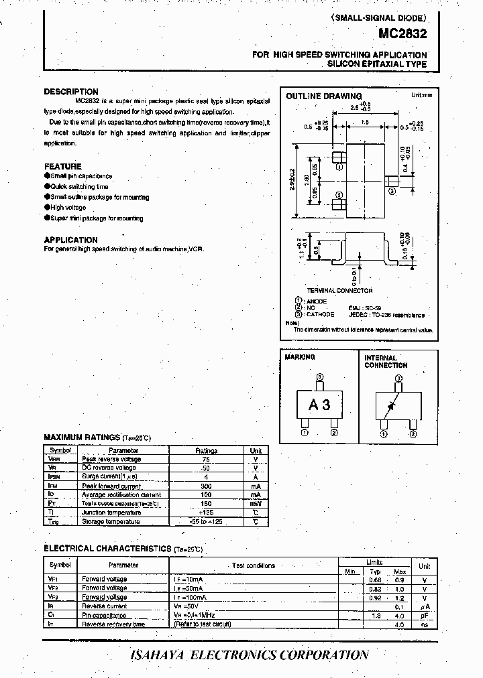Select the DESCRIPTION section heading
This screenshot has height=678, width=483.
pyautogui.click(x=71, y=92)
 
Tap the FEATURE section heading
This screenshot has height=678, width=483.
pyautogui.click(x=63, y=166)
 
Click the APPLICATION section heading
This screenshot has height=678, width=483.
pyautogui.click(x=71, y=240)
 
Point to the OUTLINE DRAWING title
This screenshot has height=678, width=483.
pyautogui.click(x=323, y=96)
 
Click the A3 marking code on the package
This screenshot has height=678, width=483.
pyautogui.click(x=319, y=405)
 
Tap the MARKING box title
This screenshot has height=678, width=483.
pyautogui.click(x=300, y=358)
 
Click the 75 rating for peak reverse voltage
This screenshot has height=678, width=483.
pyautogui.click(x=207, y=460)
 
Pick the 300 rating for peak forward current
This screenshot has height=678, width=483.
pyautogui.click(x=207, y=486)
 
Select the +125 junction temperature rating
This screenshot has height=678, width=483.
pyautogui.click(x=207, y=513)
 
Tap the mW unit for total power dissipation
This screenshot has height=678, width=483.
pyautogui.click(x=256, y=503)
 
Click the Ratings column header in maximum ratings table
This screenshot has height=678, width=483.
pyautogui.click(x=207, y=451)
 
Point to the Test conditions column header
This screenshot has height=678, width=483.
pyautogui.click(x=254, y=566)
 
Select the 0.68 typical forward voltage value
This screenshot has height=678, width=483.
pyautogui.click(x=375, y=579)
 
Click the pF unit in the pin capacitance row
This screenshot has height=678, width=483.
pyautogui.click(x=424, y=615)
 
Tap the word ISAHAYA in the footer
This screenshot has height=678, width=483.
pyautogui.click(x=158, y=655)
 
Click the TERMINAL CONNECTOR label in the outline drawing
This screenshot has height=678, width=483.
pyautogui.click(x=339, y=291)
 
